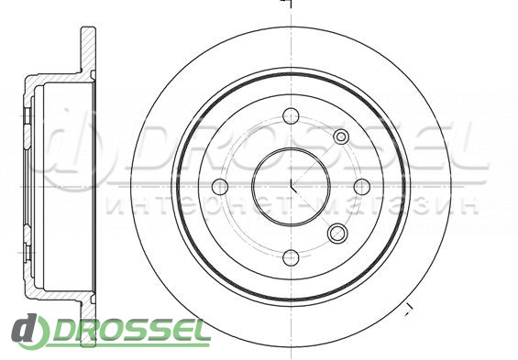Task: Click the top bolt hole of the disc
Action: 291,116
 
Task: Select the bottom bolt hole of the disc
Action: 291,257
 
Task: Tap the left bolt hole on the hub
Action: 220,187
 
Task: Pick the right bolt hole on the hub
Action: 362,187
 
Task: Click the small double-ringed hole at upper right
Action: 341,136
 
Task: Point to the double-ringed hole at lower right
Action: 337,233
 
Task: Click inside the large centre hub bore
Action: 291,187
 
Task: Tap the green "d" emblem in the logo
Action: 30,331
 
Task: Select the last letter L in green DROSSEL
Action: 201,330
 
